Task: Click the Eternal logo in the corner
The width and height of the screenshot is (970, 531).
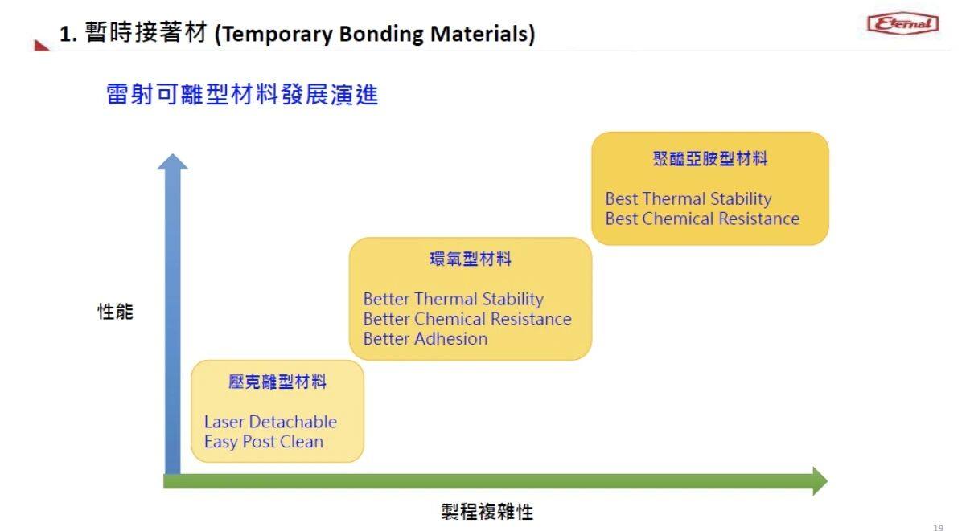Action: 902,23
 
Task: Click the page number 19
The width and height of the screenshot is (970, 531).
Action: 938,527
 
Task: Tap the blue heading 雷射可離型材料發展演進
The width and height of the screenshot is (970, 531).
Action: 242,96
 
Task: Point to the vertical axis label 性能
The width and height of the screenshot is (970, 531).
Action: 115,312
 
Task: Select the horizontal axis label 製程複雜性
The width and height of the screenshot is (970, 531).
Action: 487,512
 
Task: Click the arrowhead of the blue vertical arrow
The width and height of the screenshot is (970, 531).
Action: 172,160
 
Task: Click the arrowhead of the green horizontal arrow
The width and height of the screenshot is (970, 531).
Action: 819,481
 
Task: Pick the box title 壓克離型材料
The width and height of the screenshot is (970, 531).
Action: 277,382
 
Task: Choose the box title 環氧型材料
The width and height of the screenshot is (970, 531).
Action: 471,259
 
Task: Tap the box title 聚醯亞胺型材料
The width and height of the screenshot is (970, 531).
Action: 710,159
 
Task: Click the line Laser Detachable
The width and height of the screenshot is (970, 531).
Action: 270,422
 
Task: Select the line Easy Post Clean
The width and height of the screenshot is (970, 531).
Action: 264,442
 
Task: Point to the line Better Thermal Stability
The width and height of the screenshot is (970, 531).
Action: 454,300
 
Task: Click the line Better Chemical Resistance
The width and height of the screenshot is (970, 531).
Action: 467,319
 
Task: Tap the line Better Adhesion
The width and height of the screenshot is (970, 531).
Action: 425,339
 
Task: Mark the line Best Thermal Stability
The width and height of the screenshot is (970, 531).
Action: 688,199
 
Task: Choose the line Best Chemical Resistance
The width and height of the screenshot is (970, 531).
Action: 702,219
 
